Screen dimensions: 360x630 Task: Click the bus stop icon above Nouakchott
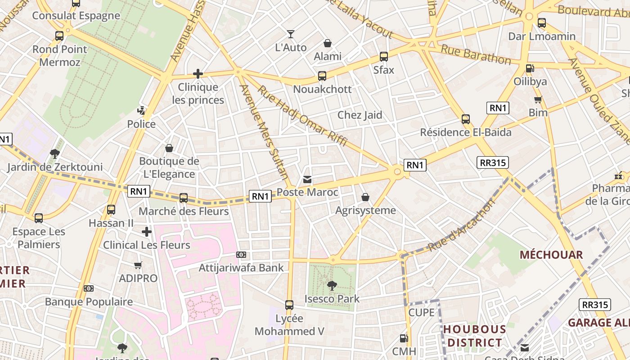click(322, 76)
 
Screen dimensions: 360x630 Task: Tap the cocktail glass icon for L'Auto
click(291, 34)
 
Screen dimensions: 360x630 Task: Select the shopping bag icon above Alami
click(328, 43)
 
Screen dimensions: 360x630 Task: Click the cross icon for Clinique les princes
click(198, 74)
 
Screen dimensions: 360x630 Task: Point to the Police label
click(141, 124)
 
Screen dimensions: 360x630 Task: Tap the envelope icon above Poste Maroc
click(307, 180)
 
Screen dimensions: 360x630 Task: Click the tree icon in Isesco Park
click(332, 285)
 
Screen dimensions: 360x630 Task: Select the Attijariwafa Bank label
click(241, 268)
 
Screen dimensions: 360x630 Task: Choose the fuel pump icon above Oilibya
click(530, 68)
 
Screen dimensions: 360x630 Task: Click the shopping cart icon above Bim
click(538, 99)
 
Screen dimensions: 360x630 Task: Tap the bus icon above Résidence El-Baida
click(466, 119)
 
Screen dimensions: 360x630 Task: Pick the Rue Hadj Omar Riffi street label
click(302, 116)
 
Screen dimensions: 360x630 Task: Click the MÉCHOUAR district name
click(551, 255)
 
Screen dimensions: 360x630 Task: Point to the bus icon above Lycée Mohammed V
click(289, 305)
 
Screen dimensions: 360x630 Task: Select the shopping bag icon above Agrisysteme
click(365, 197)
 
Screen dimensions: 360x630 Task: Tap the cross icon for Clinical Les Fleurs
click(147, 232)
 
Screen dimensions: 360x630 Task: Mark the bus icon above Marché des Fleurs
click(184, 198)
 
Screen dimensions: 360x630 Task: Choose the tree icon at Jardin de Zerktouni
click(55, 154)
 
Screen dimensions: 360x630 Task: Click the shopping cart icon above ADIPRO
click(138, 265)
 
